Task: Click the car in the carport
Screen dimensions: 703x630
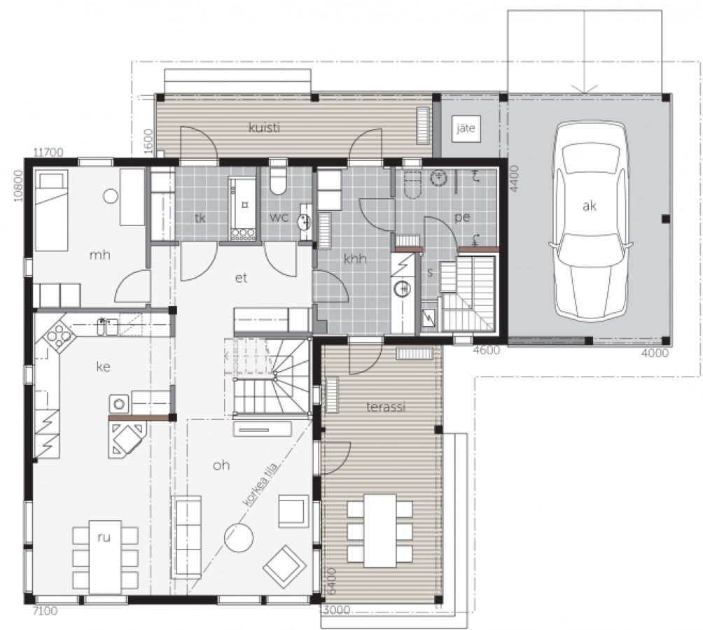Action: (590, 220)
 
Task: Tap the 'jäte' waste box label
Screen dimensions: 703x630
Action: (466, 129)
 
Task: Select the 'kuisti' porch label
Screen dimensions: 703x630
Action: (265, 127)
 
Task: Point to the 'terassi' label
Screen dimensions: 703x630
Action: (386, 407)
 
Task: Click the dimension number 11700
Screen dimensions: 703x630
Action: (48, 153)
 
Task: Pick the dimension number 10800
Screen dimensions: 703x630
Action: (18, 185)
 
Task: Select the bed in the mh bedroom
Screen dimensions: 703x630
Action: (52, 211)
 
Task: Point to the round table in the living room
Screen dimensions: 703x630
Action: (239, 538)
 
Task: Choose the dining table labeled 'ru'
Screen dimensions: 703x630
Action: (105, 557)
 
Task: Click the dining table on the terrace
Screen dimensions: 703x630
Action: (380, 531)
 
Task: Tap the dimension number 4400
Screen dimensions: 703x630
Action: (514, 178)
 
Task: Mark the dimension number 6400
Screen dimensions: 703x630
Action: (331, 581)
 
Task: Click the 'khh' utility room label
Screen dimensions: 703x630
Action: (355, 258)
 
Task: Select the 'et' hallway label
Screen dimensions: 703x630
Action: (241, 278)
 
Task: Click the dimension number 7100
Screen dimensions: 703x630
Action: (45, 610)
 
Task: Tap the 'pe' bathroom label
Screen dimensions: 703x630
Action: (462, 217)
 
